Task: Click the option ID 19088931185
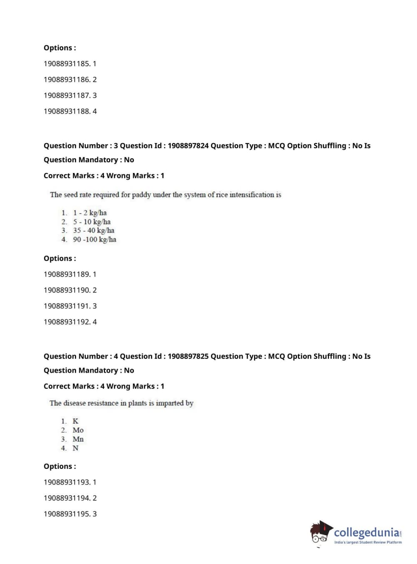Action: tap(67, 64)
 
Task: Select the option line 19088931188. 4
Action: tap(70, 111)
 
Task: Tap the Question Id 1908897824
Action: tap(188, 146)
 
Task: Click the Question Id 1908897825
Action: tap(188, 356)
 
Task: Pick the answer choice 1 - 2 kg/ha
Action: tap(90, 213)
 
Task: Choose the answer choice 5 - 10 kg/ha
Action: tap(92, 222)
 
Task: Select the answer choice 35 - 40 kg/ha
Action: tap(93, 230)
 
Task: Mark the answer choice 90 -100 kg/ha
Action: tap(95, 240)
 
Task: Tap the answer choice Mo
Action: tap(78, 430)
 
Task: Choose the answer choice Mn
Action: tap(78, 439)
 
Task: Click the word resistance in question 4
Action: tap(102, 403)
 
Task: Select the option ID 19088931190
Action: tap(67, 290)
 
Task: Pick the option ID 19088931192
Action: tap(67, 322)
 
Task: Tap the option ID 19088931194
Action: tap(67, 498)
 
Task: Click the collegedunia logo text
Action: tap(367, 532)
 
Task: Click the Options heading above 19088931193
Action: tap(60, 466)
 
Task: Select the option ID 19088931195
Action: tap(67, 514)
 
